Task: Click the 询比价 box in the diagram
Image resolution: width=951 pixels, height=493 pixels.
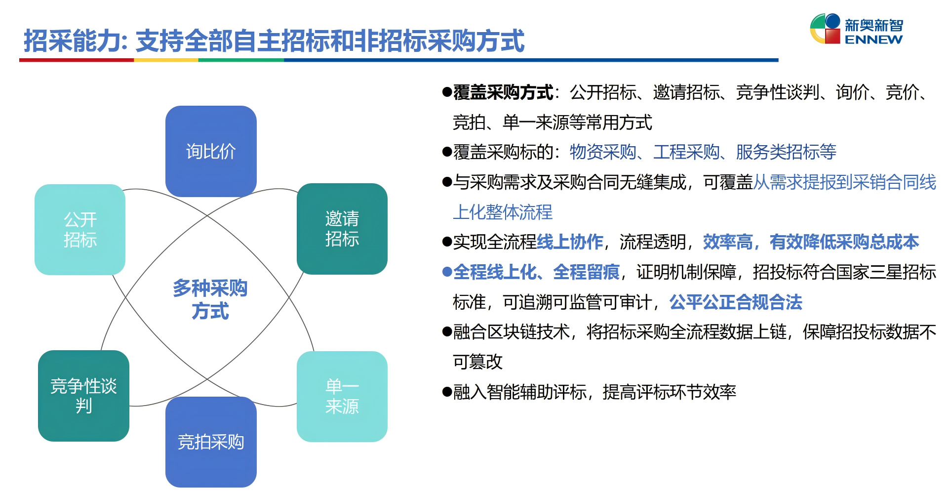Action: [x=211, y=151]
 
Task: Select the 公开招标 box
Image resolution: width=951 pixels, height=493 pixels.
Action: [x=80, y=230]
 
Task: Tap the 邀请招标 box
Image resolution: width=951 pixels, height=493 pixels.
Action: [x=342, y=229]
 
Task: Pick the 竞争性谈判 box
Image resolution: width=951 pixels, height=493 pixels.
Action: [x=83, y=396]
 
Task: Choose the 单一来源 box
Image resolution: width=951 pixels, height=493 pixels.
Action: [x=342, y=396]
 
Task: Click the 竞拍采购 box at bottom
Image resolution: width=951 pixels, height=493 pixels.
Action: [x=211, y=442]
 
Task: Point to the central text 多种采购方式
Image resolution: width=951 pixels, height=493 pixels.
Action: [x=210, y=299]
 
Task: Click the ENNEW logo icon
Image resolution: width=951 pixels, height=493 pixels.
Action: [x=825, y=29]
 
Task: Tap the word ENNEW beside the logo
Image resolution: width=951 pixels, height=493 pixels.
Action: [x=873, y=40]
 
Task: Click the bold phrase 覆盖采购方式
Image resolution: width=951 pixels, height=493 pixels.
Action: [x=503, y=92]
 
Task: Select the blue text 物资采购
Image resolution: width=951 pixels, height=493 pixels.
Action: [x=602, y=152]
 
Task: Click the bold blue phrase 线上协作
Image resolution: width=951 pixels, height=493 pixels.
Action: [x=570, y=242]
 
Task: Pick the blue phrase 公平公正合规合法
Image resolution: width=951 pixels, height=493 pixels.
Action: [x=736, y=302]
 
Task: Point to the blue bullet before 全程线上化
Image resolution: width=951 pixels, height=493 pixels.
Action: [x=447, y=272]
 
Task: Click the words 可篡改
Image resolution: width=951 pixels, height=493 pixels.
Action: [x=477, y=362]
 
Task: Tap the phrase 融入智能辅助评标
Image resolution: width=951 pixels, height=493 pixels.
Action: [x=519, y=392]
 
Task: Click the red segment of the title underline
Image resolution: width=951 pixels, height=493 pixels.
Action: [x=77, y=60]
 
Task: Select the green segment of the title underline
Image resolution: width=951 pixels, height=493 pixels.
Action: [x=241, y=60]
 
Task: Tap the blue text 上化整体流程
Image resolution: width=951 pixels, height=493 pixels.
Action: [x=503, y=212]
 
